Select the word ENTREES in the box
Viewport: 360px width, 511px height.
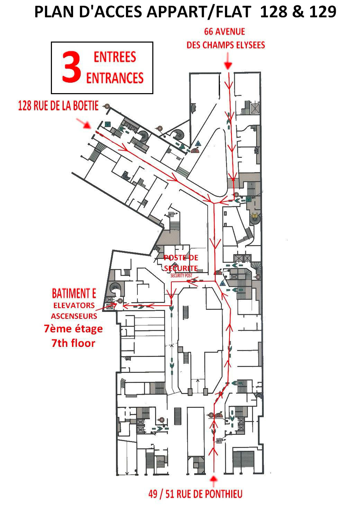pos(115,57)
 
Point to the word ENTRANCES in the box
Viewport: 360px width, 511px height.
pos(115,78)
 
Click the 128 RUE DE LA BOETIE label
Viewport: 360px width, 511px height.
pos(58,106)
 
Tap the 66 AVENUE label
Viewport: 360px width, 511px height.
pos(225,32)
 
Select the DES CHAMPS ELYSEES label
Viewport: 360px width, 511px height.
pos(226,45)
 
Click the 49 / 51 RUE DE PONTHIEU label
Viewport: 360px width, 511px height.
pos(195,494)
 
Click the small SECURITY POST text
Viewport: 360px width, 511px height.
pos(181,275)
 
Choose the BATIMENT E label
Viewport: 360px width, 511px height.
pos(74,294)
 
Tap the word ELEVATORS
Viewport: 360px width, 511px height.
pos(74,305)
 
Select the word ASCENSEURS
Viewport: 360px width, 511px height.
pos(74,316)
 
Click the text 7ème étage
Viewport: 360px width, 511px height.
pos(73,328)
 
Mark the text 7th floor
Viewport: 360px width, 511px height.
pos(73,343)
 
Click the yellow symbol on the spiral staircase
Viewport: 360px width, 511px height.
pos(255,215)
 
